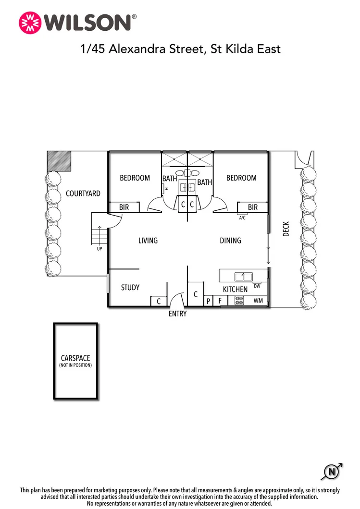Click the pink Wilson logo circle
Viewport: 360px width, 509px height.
[x=30, y=23]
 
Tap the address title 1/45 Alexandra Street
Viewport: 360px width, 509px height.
[x=180, y=49]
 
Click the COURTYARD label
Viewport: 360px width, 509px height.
[x=83, y=194]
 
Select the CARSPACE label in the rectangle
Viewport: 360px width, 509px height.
[x=75, y=358]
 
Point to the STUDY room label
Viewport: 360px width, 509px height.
[x=130, y=288]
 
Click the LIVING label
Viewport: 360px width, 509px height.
[x=148, y=241]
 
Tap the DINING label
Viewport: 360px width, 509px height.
[x=230, y=241]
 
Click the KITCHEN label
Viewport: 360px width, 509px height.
[x=235, y=290]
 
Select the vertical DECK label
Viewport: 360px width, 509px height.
[x=286, y=229]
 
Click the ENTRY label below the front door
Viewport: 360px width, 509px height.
[x=177, y=314]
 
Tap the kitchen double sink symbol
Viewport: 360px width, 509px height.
[x=243, y=277]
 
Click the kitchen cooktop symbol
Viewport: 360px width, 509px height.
[x=239, y=301]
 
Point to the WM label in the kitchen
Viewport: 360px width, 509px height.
[x=258, y=301]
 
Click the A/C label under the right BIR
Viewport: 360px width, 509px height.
[x=242, y=218]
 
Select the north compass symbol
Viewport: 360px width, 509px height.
[x=332, y=472]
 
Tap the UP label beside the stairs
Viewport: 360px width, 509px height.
[x=99, y=249]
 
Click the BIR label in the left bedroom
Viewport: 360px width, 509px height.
[x=124, y=207]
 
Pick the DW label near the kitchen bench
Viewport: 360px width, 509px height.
[x=257, y=286]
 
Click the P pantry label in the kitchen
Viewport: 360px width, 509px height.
[x=208, y=302]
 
